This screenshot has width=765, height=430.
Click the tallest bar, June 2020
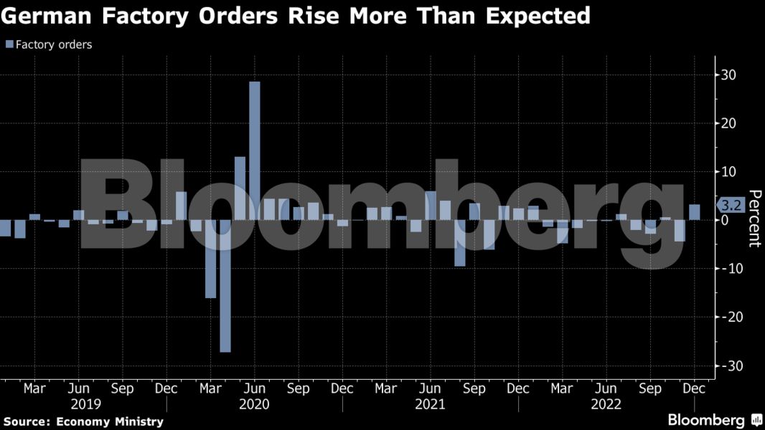pos(254,150)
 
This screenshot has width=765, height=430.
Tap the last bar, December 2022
pos(695,212)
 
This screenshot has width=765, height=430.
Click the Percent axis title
pos(754,218)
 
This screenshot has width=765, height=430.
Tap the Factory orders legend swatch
pos(9,44)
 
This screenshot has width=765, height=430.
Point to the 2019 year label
pos(86,404)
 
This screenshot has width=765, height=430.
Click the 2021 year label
pos(430,404)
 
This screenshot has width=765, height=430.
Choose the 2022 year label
pos(606,404)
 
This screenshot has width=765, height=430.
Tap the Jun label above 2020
pos(254,388)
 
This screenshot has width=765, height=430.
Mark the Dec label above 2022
pos(695,388)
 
